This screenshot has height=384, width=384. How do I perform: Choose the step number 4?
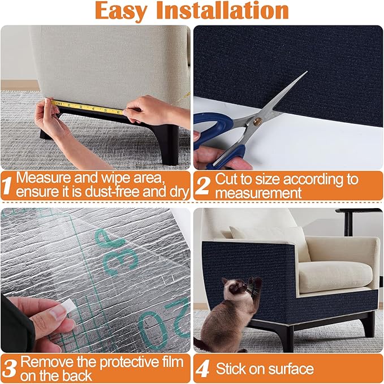click(202, 369)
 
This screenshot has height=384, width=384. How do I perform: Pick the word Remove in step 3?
click(45, 360)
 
